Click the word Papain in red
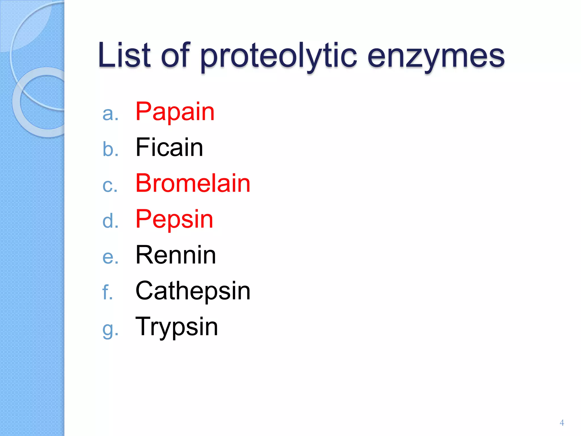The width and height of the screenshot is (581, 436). point(175,112)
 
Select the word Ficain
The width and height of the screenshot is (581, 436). point(169,147)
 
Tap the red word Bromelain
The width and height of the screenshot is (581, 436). point(193,183)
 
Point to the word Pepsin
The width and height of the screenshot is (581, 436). point(174,219)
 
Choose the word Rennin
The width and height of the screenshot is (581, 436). point(176,255)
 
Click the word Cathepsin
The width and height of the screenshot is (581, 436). point(193,291)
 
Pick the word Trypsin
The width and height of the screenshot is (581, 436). point(177,327)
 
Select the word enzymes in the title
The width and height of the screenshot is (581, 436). point(436,57)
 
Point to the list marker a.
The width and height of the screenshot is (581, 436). point(110,114)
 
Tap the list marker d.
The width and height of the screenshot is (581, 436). point(110,221)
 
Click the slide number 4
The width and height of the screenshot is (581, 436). point(562,423)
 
